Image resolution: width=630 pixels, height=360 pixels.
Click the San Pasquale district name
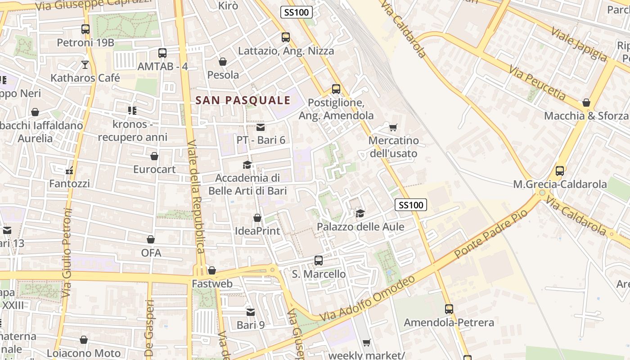(x=243, y=100)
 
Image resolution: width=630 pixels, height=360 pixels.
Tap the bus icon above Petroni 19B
(x=85, y=29)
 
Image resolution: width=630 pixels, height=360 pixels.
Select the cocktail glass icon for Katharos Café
(x=85, y=65)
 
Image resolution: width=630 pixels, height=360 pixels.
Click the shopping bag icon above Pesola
(x=223, y=62)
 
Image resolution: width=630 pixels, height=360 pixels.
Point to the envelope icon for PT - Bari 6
(x=261, y=127)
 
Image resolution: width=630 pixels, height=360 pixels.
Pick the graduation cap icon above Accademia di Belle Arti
(x=247, y=165)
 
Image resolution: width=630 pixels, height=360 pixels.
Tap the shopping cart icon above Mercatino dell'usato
(x=393, y=128)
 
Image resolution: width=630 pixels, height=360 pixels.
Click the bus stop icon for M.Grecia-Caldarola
(x=560, y=171)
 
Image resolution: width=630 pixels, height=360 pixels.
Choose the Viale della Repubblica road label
(x=196, y=202)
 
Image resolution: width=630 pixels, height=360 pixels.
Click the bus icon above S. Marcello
(x=319, y=261)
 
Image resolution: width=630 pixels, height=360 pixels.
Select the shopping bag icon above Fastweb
(x=212, y=270)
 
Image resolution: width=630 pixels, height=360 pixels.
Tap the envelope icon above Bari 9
(x=251, y=312)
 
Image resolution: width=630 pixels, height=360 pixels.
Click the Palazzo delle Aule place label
(x=360, y=227)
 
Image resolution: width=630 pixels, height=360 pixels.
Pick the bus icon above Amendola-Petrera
(x=449, y=309)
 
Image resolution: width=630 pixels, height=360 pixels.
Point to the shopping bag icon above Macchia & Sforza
(x=586, y=103)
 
